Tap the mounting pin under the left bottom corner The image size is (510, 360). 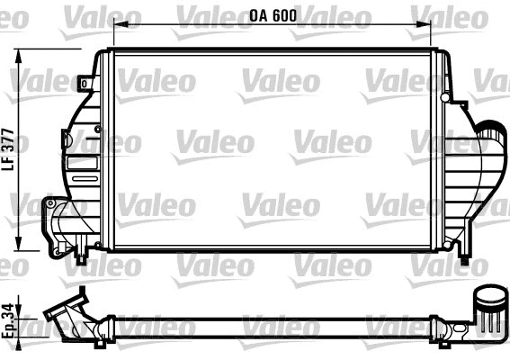click(x=82, y=258)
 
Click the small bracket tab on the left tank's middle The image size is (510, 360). click(x=66, y=139)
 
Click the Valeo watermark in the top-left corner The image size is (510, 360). click(x=87, y=15)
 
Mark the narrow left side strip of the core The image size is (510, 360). click(x=104, y=149)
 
